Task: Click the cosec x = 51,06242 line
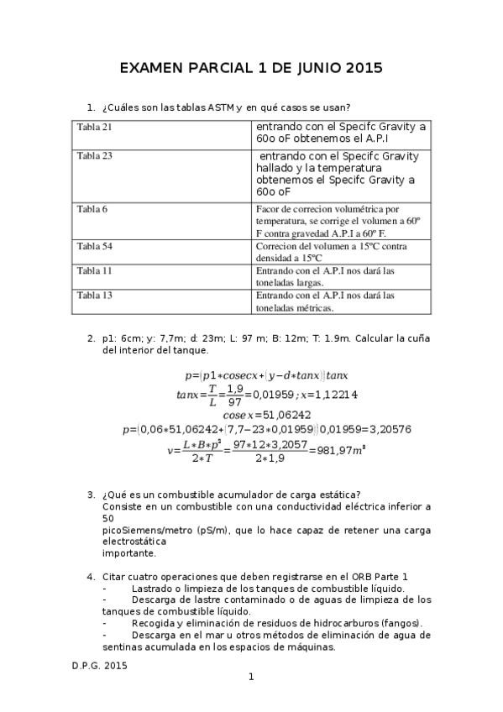266,414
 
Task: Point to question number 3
91,495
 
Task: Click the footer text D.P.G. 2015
99,663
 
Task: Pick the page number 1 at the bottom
251,677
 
